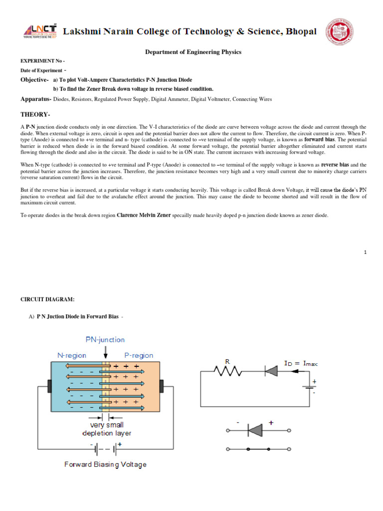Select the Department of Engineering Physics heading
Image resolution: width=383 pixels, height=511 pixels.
tap(193, 52)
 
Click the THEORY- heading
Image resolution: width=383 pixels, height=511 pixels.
tap(35, 114)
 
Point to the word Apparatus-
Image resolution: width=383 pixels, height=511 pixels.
tap(35, 99)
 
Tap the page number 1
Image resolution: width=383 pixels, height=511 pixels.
tap(365, 253)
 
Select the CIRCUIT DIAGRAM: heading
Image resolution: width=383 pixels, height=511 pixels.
tap(47, 299)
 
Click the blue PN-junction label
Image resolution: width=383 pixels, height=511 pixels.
tap(105, 340)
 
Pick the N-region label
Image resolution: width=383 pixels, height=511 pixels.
tap(71, 356)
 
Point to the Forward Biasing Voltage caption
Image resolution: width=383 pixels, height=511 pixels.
tap(105, 465)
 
